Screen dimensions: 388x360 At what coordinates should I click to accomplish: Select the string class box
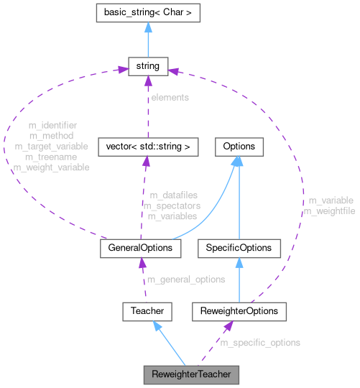(147, 68)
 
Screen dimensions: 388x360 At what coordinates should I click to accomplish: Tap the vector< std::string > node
(147, 147)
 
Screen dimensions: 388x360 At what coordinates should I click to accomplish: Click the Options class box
(239, 147)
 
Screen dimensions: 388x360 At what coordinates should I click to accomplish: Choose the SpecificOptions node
(239, 247)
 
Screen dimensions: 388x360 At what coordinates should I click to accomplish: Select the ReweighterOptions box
(239, 311)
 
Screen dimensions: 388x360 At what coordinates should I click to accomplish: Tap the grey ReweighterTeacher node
(190, 374)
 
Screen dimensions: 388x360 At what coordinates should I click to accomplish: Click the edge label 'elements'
(170, 97)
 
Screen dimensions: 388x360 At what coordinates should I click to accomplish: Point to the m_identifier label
(52, 126)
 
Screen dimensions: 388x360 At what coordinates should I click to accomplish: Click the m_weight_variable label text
(51, 167)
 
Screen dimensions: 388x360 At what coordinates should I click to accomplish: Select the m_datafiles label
(173, 195)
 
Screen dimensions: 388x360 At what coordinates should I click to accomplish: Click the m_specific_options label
(260, 343)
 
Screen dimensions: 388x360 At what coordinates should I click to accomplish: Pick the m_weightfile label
(329, 211)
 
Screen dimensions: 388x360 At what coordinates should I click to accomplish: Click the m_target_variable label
(51, 147)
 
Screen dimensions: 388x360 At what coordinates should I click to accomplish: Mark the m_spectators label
(172, 205)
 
